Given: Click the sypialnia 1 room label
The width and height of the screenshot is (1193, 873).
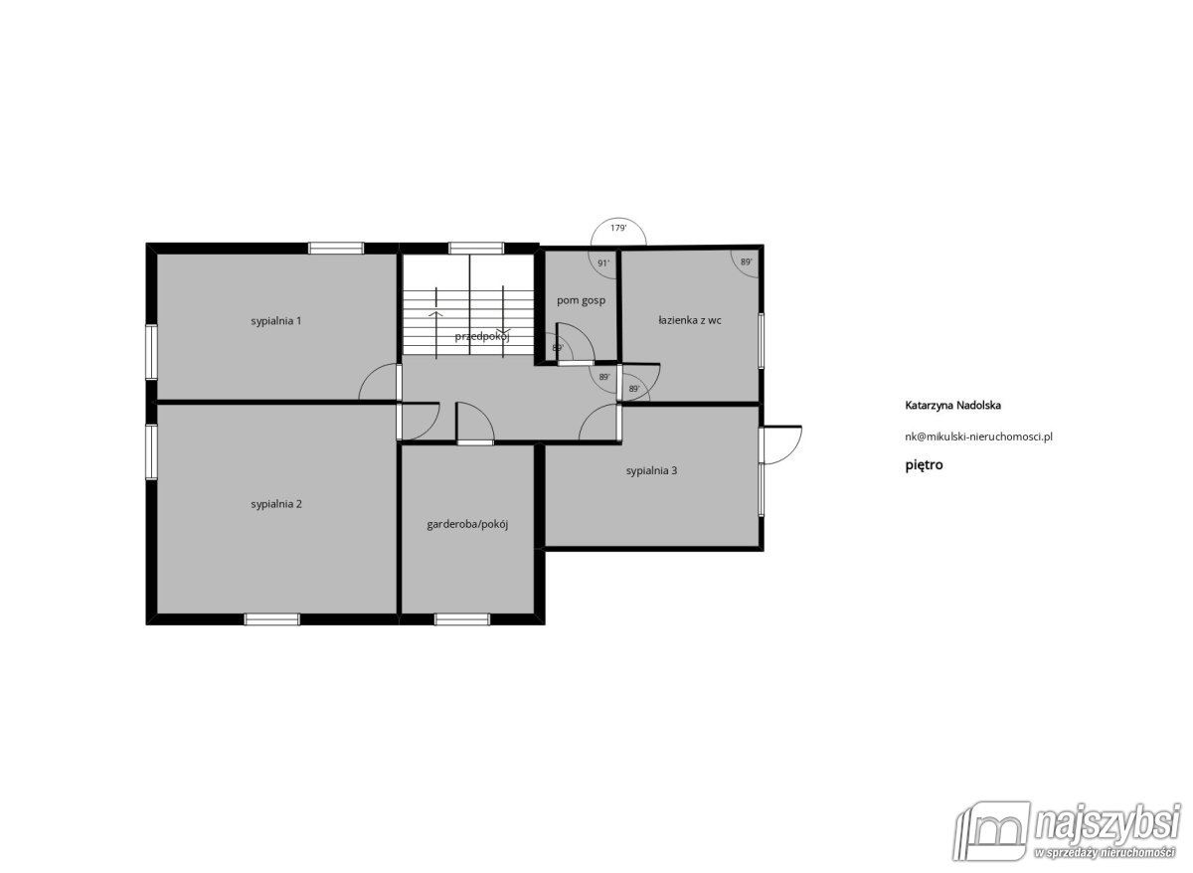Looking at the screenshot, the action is [276, 321].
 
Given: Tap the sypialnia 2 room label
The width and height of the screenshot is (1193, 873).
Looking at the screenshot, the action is [276, 504].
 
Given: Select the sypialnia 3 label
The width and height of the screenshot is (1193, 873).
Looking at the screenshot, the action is [651, 471].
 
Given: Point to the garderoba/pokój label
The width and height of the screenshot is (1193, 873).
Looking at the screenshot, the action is [467, 525].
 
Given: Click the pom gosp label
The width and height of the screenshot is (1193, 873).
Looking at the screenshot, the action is [581, 301].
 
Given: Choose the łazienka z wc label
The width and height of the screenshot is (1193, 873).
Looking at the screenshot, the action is [690, 320].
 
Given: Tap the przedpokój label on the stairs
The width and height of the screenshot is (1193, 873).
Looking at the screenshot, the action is [482, 337].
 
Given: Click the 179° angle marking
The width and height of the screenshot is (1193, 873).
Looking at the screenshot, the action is [618, 228].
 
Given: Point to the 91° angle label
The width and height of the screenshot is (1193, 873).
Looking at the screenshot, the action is [603, 263].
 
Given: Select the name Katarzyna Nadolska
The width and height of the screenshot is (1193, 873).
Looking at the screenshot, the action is [952, 406].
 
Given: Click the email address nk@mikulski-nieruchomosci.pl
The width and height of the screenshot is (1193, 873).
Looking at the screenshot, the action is [979, 436].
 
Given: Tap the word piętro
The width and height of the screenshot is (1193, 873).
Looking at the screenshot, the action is [924, 465].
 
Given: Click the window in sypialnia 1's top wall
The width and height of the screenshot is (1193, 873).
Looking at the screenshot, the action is [336, 249].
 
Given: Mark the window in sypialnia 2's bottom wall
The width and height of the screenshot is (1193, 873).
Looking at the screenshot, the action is [271, 619].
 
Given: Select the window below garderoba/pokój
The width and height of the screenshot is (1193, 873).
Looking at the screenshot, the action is [461, 619].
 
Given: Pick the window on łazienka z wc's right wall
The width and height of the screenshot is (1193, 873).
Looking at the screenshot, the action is [762, 340].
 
